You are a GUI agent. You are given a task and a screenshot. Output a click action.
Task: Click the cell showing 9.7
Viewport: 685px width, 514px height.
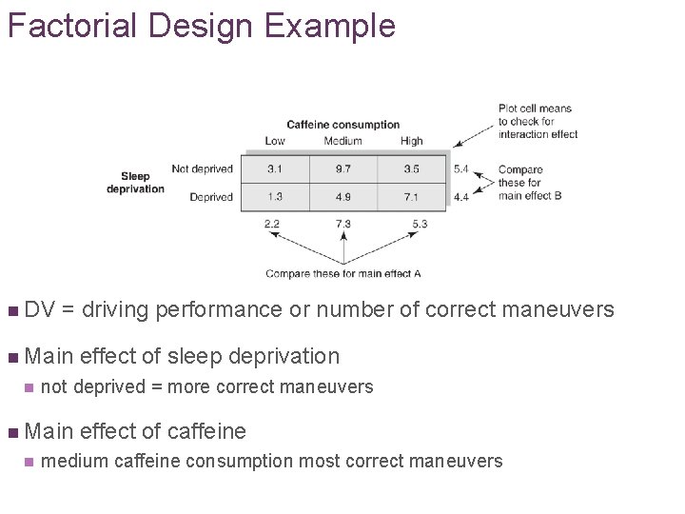coord(342,169)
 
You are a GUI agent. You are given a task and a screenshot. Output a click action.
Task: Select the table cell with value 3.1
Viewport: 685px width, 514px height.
coord(274,169)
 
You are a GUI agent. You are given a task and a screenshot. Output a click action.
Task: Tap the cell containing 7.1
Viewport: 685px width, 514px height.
coord(411,197)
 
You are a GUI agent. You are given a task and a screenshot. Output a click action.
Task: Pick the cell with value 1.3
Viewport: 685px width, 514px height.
coord(274,197)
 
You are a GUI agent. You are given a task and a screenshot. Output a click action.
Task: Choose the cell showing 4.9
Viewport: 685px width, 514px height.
coord(342,197)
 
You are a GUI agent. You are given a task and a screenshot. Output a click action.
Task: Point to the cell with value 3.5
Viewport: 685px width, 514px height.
coord(411,169)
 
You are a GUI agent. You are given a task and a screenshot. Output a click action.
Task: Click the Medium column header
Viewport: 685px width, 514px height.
coord(342,141)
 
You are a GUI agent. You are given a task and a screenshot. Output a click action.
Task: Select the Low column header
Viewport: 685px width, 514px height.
coord(274,141)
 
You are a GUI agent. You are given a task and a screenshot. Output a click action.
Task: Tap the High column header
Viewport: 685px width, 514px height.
coord(411,141)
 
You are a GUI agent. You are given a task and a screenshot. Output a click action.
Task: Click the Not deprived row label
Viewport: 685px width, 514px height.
coord(202,169)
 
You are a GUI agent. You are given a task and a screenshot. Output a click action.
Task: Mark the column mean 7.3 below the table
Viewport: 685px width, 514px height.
coord(342,224)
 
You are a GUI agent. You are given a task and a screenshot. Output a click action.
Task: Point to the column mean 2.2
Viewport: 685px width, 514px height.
coord(272,224)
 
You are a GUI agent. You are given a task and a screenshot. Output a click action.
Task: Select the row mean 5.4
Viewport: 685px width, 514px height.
coord(460,169)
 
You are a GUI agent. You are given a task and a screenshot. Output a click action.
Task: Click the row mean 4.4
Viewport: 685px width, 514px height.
coord(460,197)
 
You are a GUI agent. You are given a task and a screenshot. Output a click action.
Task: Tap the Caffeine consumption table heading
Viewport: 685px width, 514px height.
coord(342,125)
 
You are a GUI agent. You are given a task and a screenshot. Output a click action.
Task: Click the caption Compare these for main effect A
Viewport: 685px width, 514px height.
coord(342,274)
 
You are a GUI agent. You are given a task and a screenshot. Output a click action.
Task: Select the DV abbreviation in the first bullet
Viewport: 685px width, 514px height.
coord(39,309)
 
